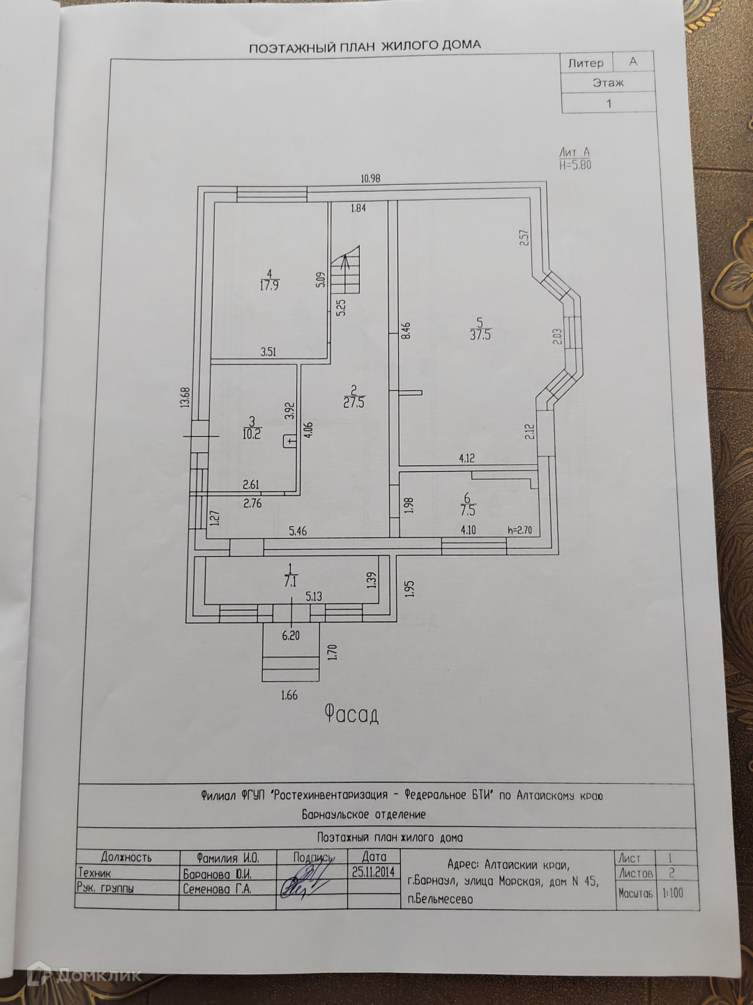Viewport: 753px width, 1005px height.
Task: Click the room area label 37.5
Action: coord(480,335)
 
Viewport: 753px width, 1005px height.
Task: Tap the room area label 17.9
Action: coord(269,285)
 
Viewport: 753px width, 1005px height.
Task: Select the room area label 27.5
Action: coord(353,402)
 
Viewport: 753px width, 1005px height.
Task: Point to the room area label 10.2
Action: coord(252,433)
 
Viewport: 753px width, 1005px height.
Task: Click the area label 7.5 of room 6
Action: coord(467,510)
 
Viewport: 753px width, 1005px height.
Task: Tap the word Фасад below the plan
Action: coord(351,714)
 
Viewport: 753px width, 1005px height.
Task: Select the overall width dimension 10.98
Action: coord(370,179)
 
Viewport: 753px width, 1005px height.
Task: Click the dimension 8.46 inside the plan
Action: coord(406,330)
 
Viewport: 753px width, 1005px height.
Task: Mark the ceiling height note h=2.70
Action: coord(519,530)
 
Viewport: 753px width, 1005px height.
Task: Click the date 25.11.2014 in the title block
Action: coord(374,872)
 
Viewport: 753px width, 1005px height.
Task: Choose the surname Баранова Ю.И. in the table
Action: coord(217,874)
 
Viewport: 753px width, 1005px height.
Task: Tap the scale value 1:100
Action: coord(673,893)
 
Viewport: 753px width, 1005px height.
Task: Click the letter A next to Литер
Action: coord(633,61)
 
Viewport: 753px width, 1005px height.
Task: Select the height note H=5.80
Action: coord(575,165)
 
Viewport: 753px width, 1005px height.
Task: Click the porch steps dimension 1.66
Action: coord(289,695)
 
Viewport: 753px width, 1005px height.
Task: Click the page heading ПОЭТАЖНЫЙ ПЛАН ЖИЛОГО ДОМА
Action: coord(365,46)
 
